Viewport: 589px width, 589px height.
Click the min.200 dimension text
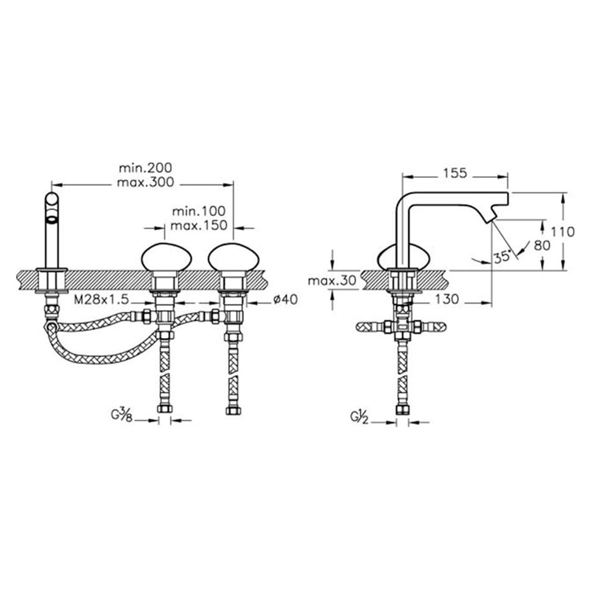(x=145, y=167)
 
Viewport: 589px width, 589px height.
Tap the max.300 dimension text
(x=145, y=182)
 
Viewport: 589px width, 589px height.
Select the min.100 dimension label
(x=198, y=211)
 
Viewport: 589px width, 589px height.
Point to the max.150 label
(x=198, y=226)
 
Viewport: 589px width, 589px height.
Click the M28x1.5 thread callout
(x=101, y=299)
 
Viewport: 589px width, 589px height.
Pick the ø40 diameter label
(x=286, y=299)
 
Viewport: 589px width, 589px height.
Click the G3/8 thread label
(x=121, y=416)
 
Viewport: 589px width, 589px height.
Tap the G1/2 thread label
(x=359, y=418)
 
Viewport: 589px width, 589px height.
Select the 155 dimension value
(x=455, y=173)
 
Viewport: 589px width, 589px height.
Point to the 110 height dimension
(x=562, y=231)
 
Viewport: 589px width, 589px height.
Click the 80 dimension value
(x=542, y=246)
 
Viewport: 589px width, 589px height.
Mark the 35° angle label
(x=502, y=257)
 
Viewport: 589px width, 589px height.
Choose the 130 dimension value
(x=447, y=299)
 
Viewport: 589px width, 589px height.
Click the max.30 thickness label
(x=332, y=280)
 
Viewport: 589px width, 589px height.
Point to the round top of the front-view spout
(x=52, y=200)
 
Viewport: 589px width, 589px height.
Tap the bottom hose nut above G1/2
(x=402, y=409)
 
